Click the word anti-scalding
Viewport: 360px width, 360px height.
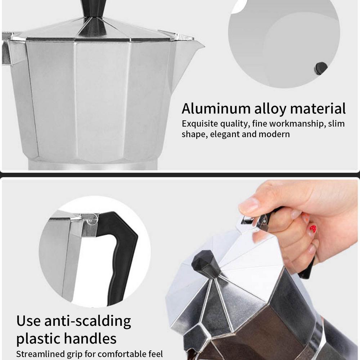(88, 321)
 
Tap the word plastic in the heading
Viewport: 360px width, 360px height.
(40, 339)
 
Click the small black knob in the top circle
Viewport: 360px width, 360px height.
(320, 68)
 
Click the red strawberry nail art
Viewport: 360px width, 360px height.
(313, 229)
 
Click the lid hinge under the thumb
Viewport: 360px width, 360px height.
(261, 221)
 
